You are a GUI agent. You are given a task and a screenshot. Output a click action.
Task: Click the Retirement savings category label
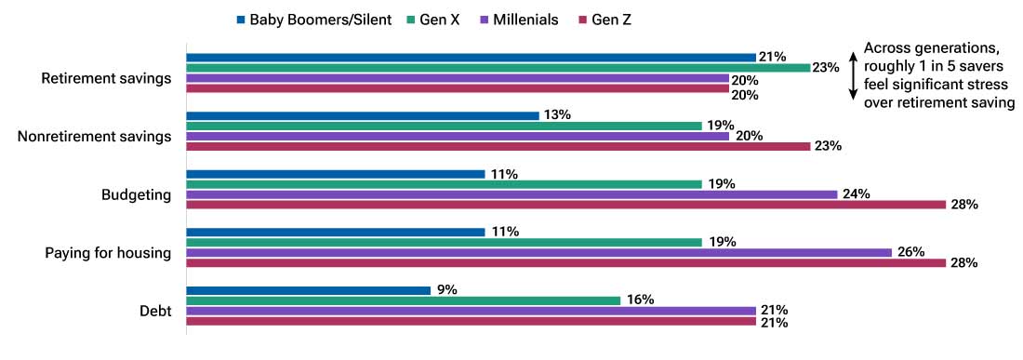pos(107,78)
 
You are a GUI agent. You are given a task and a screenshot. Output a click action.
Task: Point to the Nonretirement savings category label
pos(95,137)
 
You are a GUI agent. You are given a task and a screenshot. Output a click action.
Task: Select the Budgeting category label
pos(137,194)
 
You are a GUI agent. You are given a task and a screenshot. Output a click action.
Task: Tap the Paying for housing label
pos(108,252)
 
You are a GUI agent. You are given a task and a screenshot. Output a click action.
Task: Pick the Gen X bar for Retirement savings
pos(498,68)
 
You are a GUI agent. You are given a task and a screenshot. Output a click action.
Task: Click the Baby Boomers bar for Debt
pos(308,290)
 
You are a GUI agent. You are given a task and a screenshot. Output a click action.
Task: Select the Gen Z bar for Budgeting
pos(565,205)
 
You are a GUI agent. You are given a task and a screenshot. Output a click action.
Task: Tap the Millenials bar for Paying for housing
pos(538,252)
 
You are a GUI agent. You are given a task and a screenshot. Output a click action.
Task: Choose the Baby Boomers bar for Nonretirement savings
pos(363,115)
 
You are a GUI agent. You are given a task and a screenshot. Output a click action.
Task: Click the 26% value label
pos(910,252)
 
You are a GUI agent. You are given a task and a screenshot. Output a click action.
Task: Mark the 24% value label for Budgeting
pos(856,194)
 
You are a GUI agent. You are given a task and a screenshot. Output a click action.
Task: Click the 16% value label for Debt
pos(640,300)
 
